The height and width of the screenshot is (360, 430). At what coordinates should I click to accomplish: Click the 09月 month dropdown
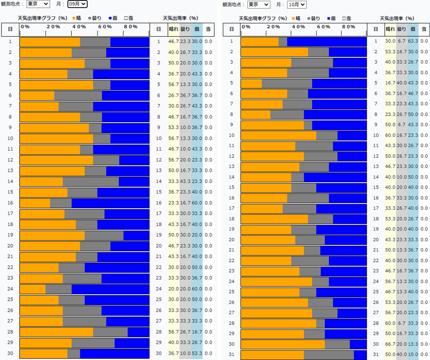pyautogui.click(x=77, y=4)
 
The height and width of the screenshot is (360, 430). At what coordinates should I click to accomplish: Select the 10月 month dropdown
pyautogui.click(x=297, y=4)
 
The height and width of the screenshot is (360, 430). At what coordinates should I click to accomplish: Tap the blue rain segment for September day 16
pyautogui.click(x=110, y=203)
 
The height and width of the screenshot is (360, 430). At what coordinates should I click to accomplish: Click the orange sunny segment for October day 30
pyautogui.click(x=283, y=344)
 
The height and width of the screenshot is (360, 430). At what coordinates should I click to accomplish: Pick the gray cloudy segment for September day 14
pyautogui.click(x=91, y=181)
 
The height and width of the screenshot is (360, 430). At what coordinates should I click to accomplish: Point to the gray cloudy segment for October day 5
pyautogui.click(x=287, y=83)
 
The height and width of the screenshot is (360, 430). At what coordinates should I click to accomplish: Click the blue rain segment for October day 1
pyautogui.click(x=327, y=42)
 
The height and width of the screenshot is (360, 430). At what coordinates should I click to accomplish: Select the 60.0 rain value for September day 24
pyautogui.click(x=197, y=289)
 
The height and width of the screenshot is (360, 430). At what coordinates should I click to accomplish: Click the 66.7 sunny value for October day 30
pyautogui.click(x=390, y=344)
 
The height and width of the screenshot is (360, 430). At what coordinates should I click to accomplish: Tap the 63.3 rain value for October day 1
pyautogui.click(x=413, y=41)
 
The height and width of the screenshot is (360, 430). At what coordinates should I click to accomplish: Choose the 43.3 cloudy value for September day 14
pyautogui.click(x=185, y=181)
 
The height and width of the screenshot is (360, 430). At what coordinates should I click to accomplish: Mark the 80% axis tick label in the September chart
pyautogui.click(x=131, y=27)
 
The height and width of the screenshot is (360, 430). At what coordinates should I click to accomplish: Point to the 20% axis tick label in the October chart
pyautogui.click(x=273, y=27)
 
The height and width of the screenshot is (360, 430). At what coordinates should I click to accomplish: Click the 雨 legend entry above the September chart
pyautogui.click(x=113, y=18)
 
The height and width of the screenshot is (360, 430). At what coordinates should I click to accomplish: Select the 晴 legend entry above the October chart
pyautogui.click(x=296, y=19)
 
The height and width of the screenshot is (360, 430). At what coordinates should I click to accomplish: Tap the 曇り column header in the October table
pyautogui.click(x=402, y=29)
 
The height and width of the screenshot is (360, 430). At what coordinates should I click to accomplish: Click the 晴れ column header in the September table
pyautogui.click(x=174, y=29)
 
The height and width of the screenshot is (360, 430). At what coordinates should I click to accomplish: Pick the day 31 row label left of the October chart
pyautogui.click(x=231, y=354)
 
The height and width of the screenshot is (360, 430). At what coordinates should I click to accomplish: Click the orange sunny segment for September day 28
pyautogui.click(x=56, y=332)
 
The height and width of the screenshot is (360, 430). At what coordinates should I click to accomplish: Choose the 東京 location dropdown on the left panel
pyautogui.click(x=38, y=4)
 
